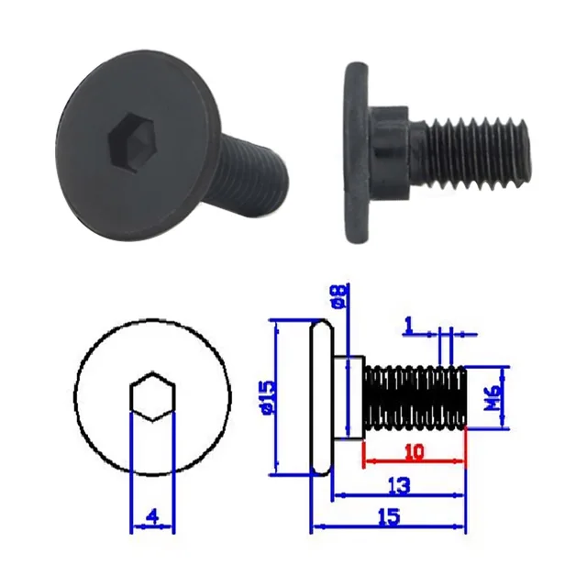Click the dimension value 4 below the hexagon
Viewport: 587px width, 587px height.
click(x=152, y=517)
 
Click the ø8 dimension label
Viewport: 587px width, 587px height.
click(x=338, y=295)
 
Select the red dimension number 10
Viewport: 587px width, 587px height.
click(x=415, y=452)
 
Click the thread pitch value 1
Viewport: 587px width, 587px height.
click(x=407, y=324)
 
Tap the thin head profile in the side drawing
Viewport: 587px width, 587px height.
click(x=318, y=396)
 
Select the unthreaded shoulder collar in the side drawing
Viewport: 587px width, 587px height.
click(x=348, y=396)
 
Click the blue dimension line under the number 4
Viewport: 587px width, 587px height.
click(x=152, y=528)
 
